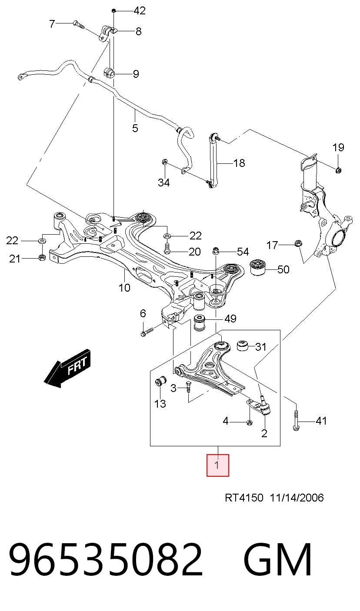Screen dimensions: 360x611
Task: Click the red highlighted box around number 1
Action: click(217, 465)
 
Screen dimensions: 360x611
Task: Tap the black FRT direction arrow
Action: click(67, 368)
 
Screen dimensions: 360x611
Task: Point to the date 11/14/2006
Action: click(297, 498)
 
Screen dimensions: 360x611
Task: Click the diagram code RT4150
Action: click(244, 498)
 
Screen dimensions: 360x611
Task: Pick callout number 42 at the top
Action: click(140, 10)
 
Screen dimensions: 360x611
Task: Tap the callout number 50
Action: click(283, 269)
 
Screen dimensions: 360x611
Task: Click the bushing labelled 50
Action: click(258, 268)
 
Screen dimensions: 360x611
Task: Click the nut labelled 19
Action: click(339, 170)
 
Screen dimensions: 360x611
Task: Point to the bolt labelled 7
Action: click(79, 24)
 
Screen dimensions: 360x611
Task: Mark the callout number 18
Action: click(239, 163)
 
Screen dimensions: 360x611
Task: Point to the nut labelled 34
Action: click(165, 162)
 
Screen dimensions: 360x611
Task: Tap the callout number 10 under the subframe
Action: click(124, 288)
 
